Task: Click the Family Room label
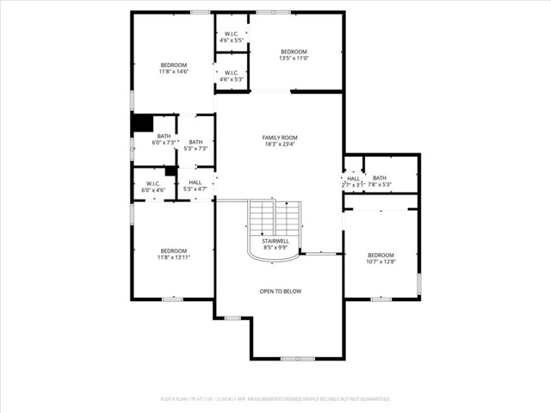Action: click(x=280, y=138)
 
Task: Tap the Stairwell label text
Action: click(x=275, y=241)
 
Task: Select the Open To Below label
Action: click(x=281, y=291)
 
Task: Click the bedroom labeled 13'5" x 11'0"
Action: click(x=294, y=55)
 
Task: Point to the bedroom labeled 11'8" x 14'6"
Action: click(x=173, y=69)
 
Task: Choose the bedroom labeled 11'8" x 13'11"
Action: click(x=173, y=254)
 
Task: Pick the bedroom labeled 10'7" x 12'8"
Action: click(x=381, y=258)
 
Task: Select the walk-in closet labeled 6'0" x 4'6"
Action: click(x=153, y=186)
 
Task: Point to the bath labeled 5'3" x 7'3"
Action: click(x=195, y=145)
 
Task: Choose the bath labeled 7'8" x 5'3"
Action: click(x=380, y=181)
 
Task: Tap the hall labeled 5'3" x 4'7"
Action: click(x=195, y=186)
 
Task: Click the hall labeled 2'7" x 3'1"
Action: click(x=353, y=182)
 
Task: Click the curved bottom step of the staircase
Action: click(x=275, y=256)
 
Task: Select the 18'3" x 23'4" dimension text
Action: click(x=280, y=145)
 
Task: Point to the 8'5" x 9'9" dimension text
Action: click(x=275, y=248)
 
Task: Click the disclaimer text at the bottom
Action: click(x=275, y=399)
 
